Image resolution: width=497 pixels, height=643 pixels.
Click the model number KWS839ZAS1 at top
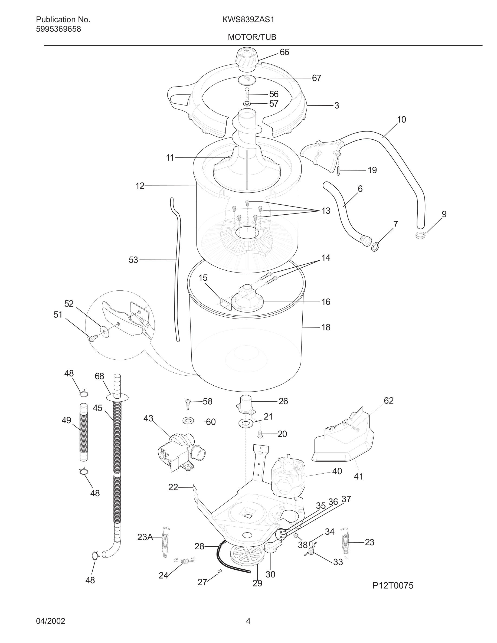pos(248,20)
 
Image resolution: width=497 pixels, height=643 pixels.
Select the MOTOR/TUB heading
pos(252,37)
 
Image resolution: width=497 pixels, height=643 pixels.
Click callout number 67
pos(316,78)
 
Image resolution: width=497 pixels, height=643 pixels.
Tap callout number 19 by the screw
pos(372,170)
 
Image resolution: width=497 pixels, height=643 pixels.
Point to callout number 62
pos(388,401)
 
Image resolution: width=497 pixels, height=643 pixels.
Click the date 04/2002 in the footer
pos(50,621)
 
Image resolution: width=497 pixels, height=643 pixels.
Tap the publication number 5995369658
pos(58,29)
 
